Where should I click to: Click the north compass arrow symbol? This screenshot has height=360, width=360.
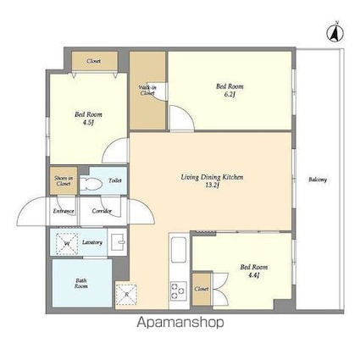click(x=335, y=33)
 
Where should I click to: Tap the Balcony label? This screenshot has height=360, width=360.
click(x=318, y=180)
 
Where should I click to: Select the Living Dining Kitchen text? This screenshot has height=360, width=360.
click(x=212, y=177)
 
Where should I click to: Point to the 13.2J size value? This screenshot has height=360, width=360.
click(x=213, y=186)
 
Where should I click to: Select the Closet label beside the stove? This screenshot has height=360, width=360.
click(x=201, y=289)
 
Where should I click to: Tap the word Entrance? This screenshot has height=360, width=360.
click(x=64, y=211)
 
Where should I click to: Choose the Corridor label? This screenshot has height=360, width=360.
click(x=102, y=211)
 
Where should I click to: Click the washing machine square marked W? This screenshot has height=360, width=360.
click(x=67, y=245)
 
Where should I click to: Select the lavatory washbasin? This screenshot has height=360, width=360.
click(x=119, y=243)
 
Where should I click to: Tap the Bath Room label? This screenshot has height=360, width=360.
click(x=80, y=284)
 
